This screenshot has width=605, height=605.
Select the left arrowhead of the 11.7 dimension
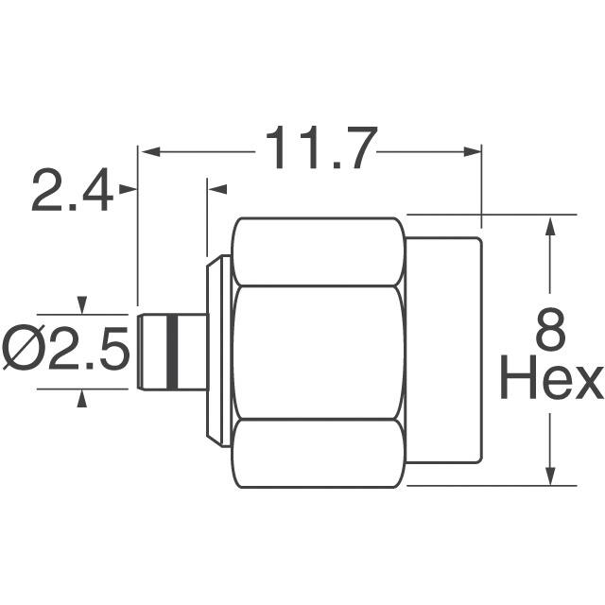click(148, 149)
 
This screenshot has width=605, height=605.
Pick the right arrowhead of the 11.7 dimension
click(473, 149)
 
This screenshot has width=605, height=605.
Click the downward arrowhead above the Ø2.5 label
click(83, 305)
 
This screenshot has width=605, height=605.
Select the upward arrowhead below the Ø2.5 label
click(83, 398)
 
